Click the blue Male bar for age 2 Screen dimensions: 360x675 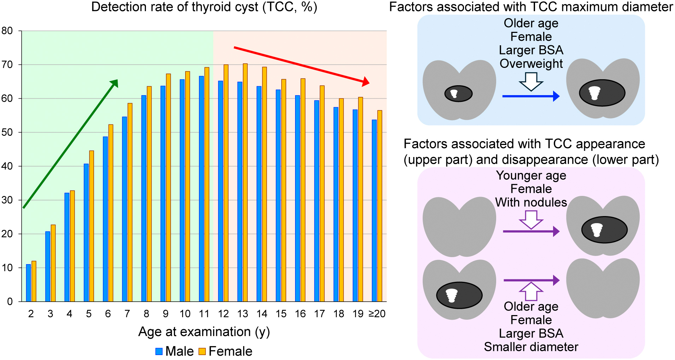pos(28,283)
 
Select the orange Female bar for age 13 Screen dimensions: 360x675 pos(245,184)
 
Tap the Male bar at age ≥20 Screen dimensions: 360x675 pos(374,212)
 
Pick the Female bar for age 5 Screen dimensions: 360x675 pos(92,226)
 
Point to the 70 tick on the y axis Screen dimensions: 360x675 pos(7,65)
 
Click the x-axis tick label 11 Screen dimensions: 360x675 pos(204,314)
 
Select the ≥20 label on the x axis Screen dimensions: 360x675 pos(377,314)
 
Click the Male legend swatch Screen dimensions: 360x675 pos(159,352)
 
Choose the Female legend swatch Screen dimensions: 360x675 pos(202,352)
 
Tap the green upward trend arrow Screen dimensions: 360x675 pos(71,144)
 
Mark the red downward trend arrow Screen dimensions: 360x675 pos(300,65)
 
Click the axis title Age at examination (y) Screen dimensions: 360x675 pos(204,332)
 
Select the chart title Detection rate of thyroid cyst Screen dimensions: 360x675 pos(204,7)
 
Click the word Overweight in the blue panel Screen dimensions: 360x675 pos(531,64)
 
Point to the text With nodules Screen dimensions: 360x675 pos(531,202)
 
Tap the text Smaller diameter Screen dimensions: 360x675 pos(531,347)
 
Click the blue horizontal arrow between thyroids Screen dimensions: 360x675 pos(530,96)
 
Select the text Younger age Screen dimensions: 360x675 pos(531,175)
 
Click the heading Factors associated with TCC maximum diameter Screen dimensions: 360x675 pos(531,7)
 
